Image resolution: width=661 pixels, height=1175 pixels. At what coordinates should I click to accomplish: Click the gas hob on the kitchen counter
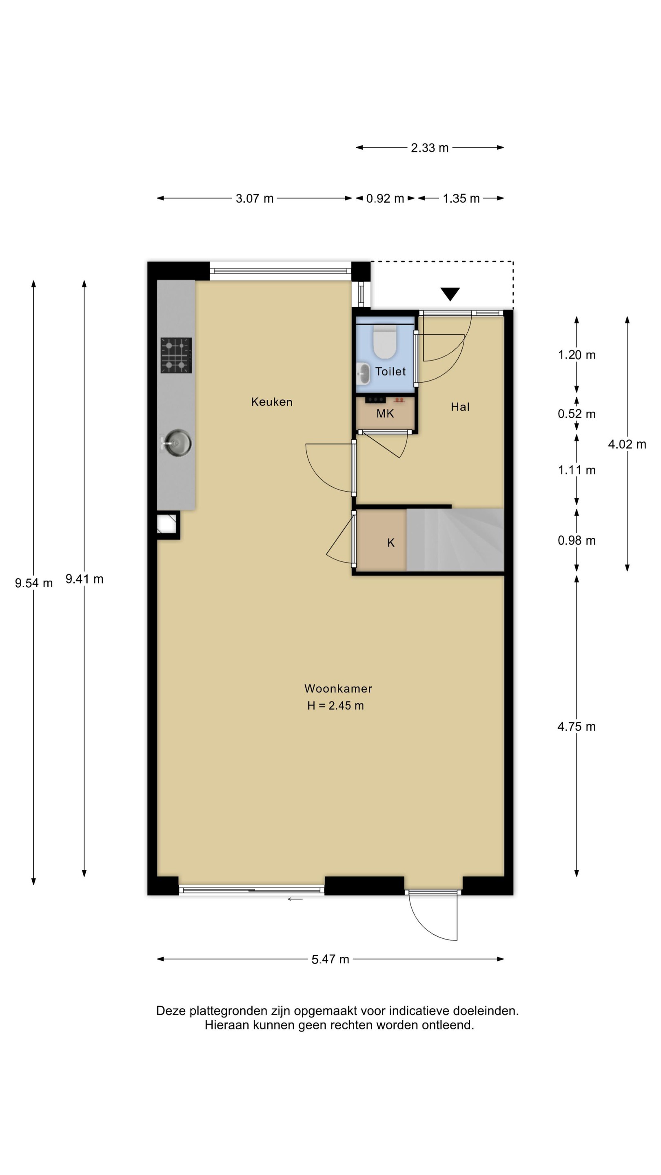click(176, 355)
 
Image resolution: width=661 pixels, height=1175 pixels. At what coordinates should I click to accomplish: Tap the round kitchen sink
click(177, 442)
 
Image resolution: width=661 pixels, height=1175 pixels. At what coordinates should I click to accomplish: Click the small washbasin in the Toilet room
click(364, 374)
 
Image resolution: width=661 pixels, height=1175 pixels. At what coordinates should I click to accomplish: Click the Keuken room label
click(271, 402)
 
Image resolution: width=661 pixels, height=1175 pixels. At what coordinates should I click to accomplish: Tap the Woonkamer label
click(338, 688)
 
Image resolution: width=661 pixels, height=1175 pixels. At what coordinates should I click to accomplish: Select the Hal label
click(460, 407)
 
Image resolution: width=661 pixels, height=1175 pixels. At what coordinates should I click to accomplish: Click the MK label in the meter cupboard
click(385, 414)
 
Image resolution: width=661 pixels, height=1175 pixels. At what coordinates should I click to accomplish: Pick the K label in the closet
click(390, 543)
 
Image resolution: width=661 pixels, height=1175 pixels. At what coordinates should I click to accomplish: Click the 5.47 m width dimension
click(330, 959)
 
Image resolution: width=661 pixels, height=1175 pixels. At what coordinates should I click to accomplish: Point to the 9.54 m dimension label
click(34, 583)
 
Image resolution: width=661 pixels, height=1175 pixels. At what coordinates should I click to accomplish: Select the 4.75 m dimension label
click(577, 727)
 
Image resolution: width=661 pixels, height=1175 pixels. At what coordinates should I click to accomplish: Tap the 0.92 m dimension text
click(385, 198)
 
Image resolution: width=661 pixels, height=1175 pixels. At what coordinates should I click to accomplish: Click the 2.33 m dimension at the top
click(430, 148)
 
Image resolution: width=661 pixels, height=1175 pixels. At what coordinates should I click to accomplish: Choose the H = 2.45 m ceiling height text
click(335, 706)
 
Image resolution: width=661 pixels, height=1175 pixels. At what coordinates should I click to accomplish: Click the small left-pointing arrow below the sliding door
click(295, 899)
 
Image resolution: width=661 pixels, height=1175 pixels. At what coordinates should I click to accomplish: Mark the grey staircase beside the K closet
click(455, 540)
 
